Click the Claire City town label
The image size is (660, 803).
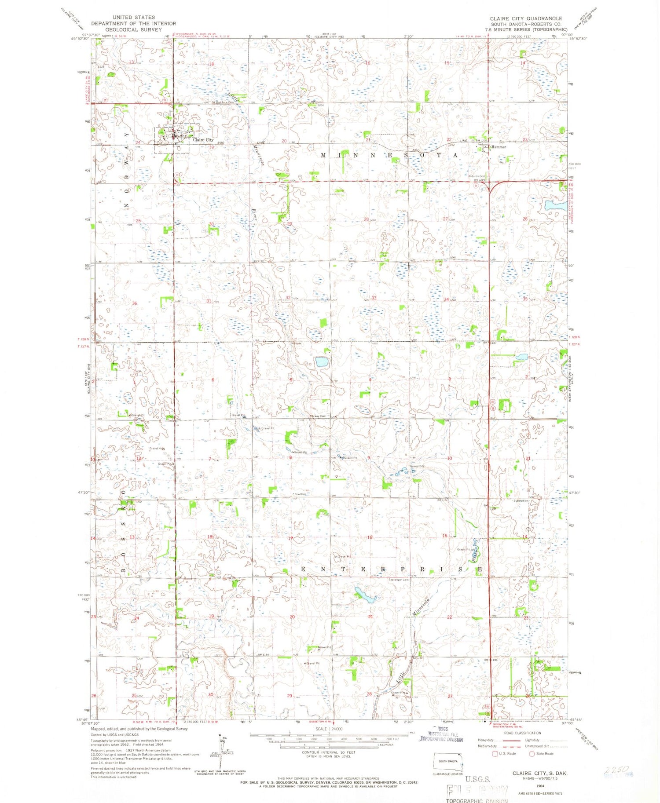(x=203, y=140)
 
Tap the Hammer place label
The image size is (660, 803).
(x=499, y=147)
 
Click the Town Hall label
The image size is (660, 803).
(x=300, y=494)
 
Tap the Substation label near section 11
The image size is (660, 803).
(x=521, y=500)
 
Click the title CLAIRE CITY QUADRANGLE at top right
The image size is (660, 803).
(x=526, y=18)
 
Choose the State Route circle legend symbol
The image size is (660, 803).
(x=532, y=753)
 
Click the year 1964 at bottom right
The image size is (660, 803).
(x=540, y=785)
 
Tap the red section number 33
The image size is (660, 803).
(x=374, y=298)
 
